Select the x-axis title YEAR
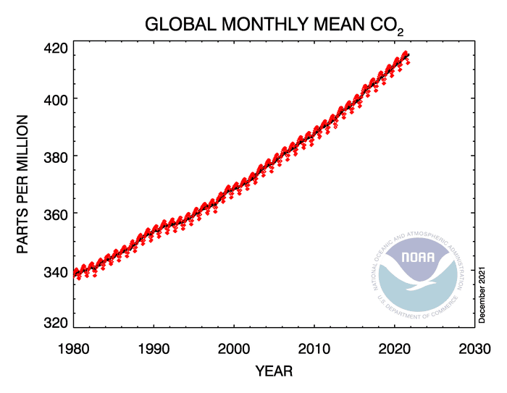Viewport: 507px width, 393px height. point(273,371)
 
